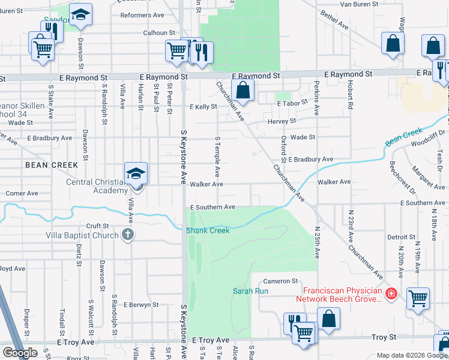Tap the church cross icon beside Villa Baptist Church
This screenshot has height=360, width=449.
coord(127,235)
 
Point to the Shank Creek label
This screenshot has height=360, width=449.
coord(208,230)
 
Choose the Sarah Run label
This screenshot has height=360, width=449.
coord(250,291)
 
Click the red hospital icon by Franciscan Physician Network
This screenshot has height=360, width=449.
coord(391,293)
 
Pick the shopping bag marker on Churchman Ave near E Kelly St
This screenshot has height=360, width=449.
coord(243,91)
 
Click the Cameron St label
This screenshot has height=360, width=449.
coord(280,281)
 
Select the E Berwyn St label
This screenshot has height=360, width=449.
coord(141,304)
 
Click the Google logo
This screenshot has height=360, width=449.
coord(20,353)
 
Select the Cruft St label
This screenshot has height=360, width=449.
coord(96,226)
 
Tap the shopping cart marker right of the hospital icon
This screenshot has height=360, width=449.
coord(418,298)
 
